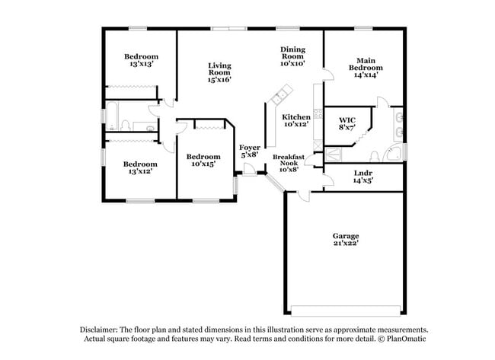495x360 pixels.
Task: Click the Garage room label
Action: coord(345,236)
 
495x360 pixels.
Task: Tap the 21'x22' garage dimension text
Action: coord(345,244)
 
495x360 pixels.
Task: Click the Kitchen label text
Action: coord(296,116)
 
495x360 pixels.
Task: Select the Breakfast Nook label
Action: coord(289,161)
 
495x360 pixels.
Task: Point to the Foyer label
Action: coord(250,147)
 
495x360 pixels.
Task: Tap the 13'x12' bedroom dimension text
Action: coord(141,171)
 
